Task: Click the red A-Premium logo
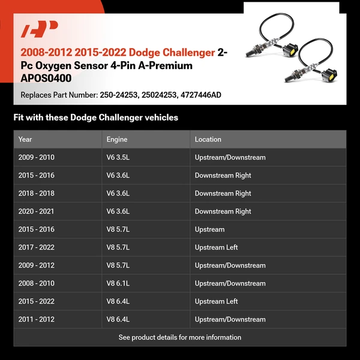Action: (x=40, y=29)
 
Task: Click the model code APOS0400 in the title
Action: (x=46, y=78)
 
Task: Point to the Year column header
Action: (x=25, y=139)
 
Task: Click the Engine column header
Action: (x=117, y=139)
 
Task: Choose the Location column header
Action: (x=208, y=139)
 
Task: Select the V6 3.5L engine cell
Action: (x=118, y=157)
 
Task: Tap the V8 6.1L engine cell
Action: (x=118, y=283)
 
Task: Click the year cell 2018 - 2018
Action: (x=37, y=193)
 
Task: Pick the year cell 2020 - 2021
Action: (x=37, y=211)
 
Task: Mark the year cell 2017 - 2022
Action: (x=37, y=247)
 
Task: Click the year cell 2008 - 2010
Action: (x=37, y=283)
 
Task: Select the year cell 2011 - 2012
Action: (x=37, y=319)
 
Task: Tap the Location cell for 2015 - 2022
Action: (x=216, y=301)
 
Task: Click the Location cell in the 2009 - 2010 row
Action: (x=230, y=157)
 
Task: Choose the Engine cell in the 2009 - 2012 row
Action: (x=118, y=265)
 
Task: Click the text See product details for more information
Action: (x=180, y=337)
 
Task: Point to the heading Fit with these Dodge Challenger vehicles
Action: (x=96, y=118)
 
